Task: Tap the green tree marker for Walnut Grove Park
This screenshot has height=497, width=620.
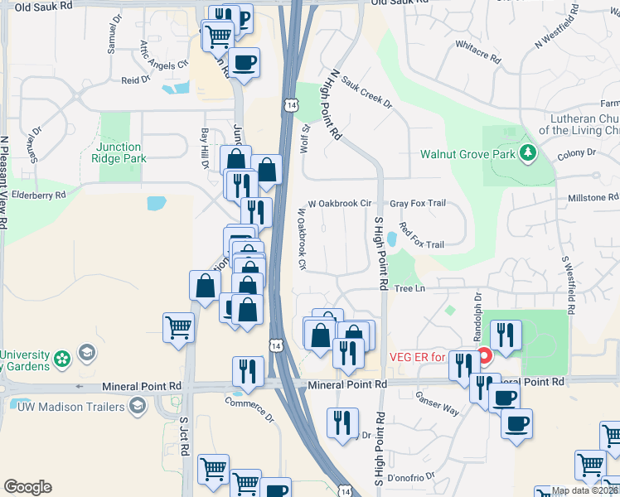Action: point(527,153)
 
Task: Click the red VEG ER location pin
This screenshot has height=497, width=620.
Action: point(485,357)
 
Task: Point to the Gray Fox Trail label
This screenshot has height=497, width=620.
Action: point(418,203)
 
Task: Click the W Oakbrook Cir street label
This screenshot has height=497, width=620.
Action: point(339,203)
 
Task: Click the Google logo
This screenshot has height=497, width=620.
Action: point(27,487)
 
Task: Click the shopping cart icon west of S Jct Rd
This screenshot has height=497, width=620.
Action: point(179,328)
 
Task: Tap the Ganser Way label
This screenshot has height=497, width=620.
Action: point(438,403)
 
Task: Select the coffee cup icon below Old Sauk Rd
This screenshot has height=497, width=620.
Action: point(244,63)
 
